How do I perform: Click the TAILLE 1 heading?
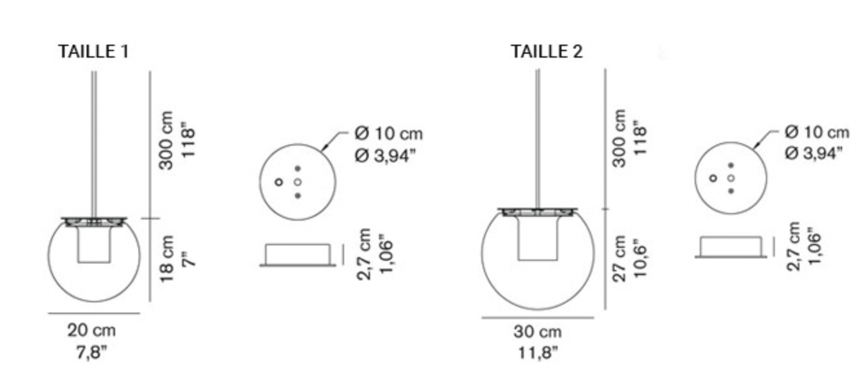pos(93,52)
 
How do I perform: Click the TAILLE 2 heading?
pos(547,52)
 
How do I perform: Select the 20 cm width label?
pos(91,331)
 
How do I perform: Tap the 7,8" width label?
pos(91,352)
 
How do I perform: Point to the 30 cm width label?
pos(537,332)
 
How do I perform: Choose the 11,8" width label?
pos(538,353)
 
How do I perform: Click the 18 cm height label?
pos(167,259)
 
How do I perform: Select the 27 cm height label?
pos(619,259)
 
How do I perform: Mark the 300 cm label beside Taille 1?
pos(166,140)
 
